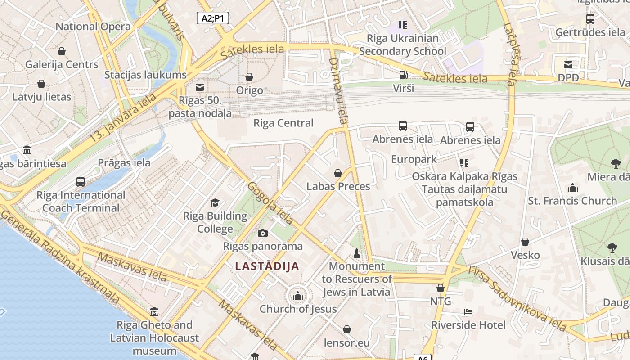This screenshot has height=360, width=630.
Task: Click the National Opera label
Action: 93,27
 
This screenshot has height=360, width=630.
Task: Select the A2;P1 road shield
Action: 213,18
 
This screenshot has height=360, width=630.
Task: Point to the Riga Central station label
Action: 283,123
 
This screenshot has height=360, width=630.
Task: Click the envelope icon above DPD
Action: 568,65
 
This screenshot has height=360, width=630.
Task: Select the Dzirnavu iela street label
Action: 339,90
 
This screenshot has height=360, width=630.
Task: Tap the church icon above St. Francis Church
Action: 572,188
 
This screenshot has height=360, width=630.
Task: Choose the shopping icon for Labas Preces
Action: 338,173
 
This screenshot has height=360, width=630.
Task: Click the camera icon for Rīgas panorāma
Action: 263,233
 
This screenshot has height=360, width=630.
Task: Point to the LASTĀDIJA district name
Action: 267,266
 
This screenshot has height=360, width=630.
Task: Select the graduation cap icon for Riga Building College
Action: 215,203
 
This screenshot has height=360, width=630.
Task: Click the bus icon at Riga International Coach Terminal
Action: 81,182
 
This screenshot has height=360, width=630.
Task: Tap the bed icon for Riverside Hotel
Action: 468,312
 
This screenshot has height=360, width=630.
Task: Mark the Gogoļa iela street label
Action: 270,203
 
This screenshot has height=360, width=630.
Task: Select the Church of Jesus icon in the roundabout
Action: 297,296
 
